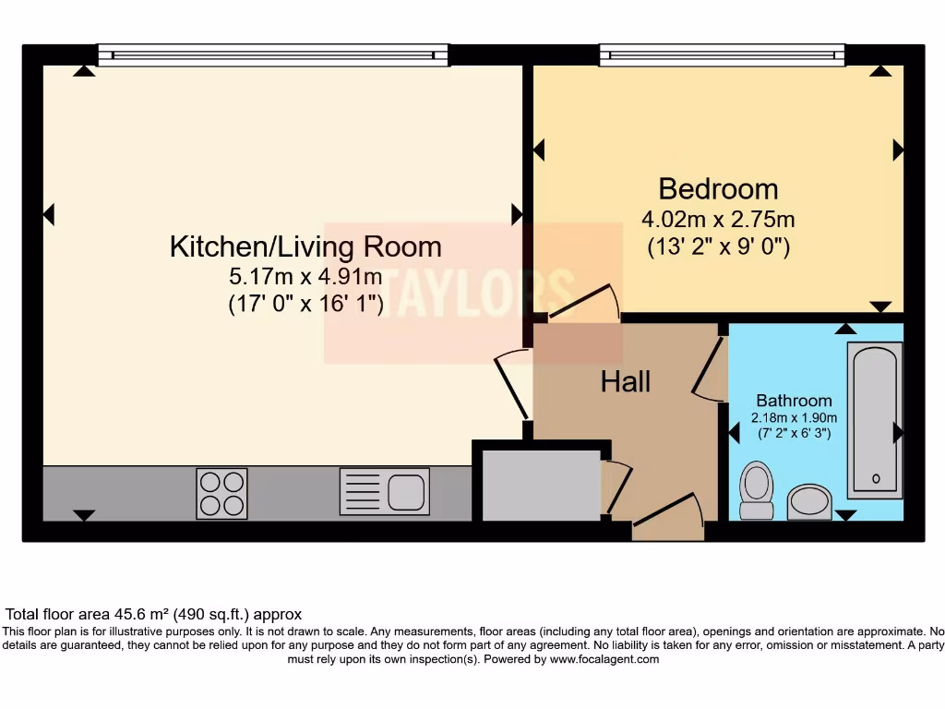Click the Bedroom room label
(718, 189)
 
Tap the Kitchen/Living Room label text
(305, 246)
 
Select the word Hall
(626, 381)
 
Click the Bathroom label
(794, 401)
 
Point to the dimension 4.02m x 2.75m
(718, 220)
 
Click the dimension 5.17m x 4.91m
(305, 275)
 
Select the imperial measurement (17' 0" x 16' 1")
(305, 304)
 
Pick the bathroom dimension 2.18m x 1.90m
(794, 417)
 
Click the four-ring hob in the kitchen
(221, 493)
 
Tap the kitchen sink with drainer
(384, 490)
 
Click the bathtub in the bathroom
(874, 420)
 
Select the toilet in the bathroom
(758, 490)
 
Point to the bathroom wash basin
(809, 502)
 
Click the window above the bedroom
(722, 55)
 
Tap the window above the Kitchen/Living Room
(273, 55)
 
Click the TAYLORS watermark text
(473, 292)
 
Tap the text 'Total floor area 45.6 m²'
(110, 614)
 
